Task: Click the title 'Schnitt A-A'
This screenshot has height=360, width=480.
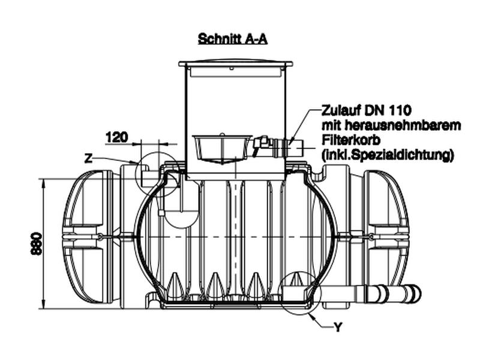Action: coord(232,40)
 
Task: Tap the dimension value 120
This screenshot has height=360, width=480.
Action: coord(116,137)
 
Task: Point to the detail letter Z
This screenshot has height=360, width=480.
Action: coord(88,158)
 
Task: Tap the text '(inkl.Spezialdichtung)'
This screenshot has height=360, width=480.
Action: coord(387,155)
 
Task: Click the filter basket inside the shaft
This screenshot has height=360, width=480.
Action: coord(221,148)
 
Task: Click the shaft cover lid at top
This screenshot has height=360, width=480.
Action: coord(235,64)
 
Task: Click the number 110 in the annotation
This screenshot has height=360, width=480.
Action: coord(399,112)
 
